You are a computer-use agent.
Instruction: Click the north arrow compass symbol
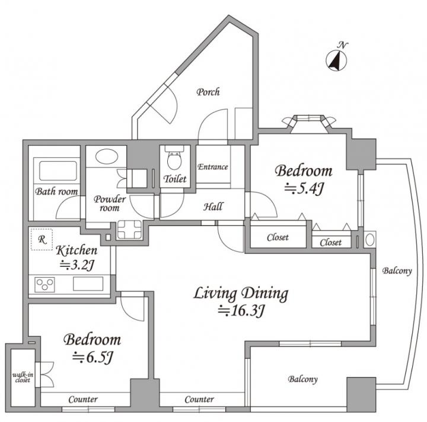tap(336, 60)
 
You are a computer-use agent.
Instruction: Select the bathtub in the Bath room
tap(58, 171)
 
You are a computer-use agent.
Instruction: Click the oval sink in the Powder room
tap(107, 157)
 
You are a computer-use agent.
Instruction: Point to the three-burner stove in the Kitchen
tap(44, 285)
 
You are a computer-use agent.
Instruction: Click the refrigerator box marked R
tap(42, 239)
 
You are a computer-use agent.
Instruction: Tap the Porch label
tap(208, 92)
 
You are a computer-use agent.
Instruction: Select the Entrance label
tap(213, 166)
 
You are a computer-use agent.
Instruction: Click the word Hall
tap(213, 207)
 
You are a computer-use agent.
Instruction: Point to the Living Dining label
tap(241, 294)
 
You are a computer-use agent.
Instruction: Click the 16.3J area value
tap(241, 311)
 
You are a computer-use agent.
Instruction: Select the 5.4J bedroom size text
tap(304, 189)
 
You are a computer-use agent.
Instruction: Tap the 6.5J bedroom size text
tap(93, 357)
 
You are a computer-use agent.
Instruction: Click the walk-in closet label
tap(23, 378)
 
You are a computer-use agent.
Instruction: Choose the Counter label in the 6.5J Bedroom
tap(83, 400)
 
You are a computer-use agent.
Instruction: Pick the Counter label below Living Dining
tap(199, 400)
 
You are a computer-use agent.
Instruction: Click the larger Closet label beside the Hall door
tap(278, 237)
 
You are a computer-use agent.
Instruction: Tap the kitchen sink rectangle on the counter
tap(88, 284)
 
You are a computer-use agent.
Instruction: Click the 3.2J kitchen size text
tap(77, 265)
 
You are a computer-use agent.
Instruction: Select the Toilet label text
tap(175, 179)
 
